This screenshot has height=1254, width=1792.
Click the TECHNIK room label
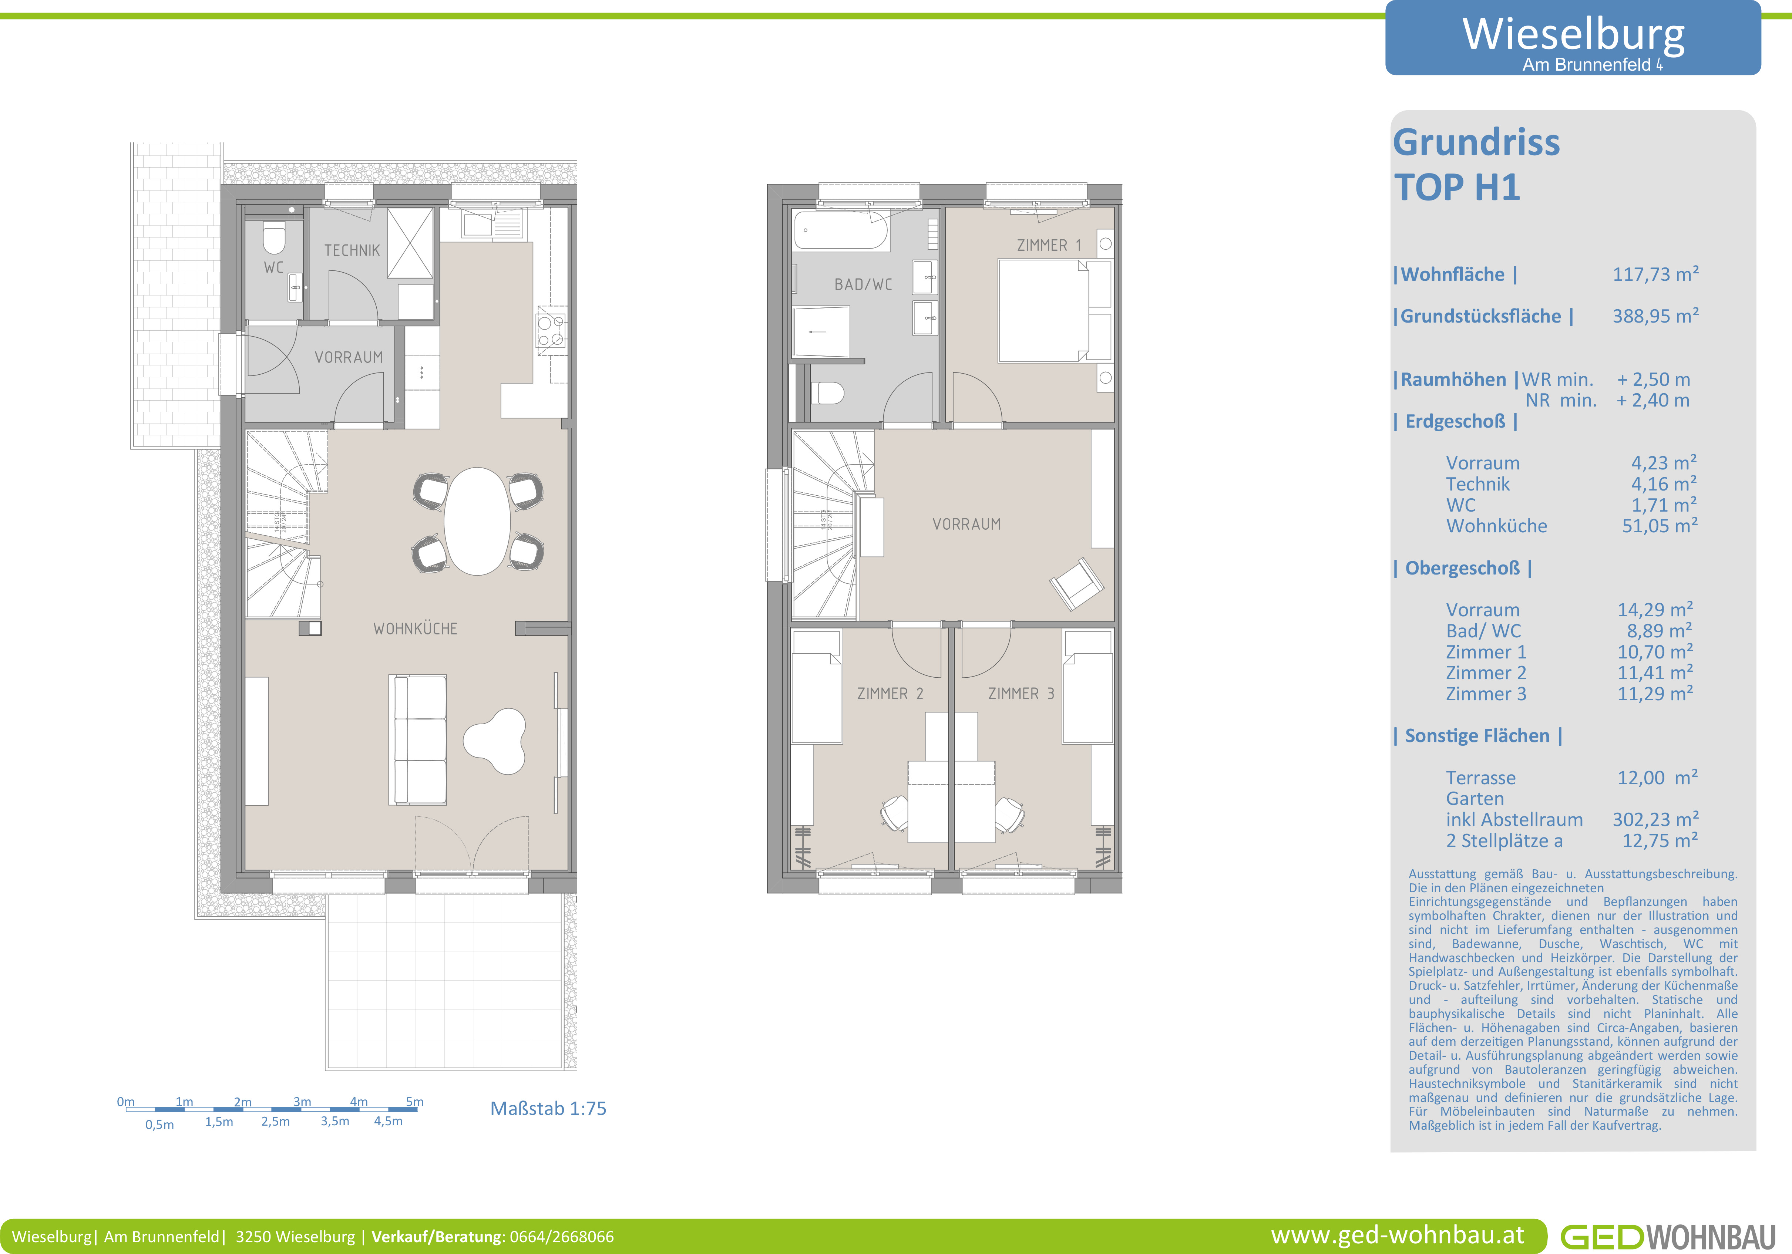(352, 250)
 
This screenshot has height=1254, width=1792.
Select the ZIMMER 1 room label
(1049, 245)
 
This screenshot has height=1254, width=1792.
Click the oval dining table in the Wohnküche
(477, 521)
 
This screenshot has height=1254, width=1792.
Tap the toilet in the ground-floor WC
(273, 238)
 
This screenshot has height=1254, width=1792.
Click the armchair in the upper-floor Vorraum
(1076, 584)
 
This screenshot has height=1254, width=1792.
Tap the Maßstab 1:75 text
(548, 1109)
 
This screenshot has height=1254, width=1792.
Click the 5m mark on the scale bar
(414, 1102)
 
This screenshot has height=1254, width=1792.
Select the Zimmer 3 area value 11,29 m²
(1655, 694)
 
